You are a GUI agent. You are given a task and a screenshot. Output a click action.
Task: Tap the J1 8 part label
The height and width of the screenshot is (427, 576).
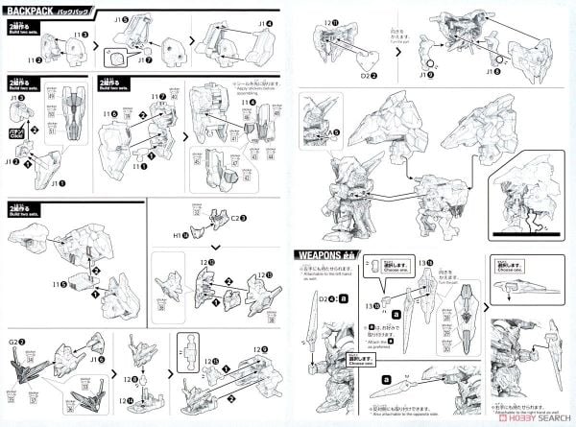click(x=495, y=71)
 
